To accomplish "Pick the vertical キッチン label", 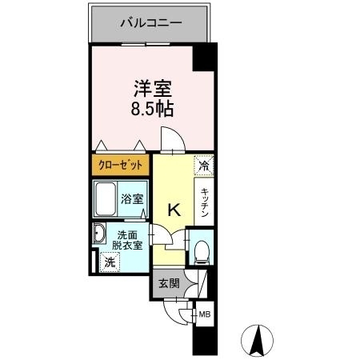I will pos(205,203).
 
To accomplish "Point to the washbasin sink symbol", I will pos(100,234).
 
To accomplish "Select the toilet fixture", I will pos(202,250).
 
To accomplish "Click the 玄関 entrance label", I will pos(168,283).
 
